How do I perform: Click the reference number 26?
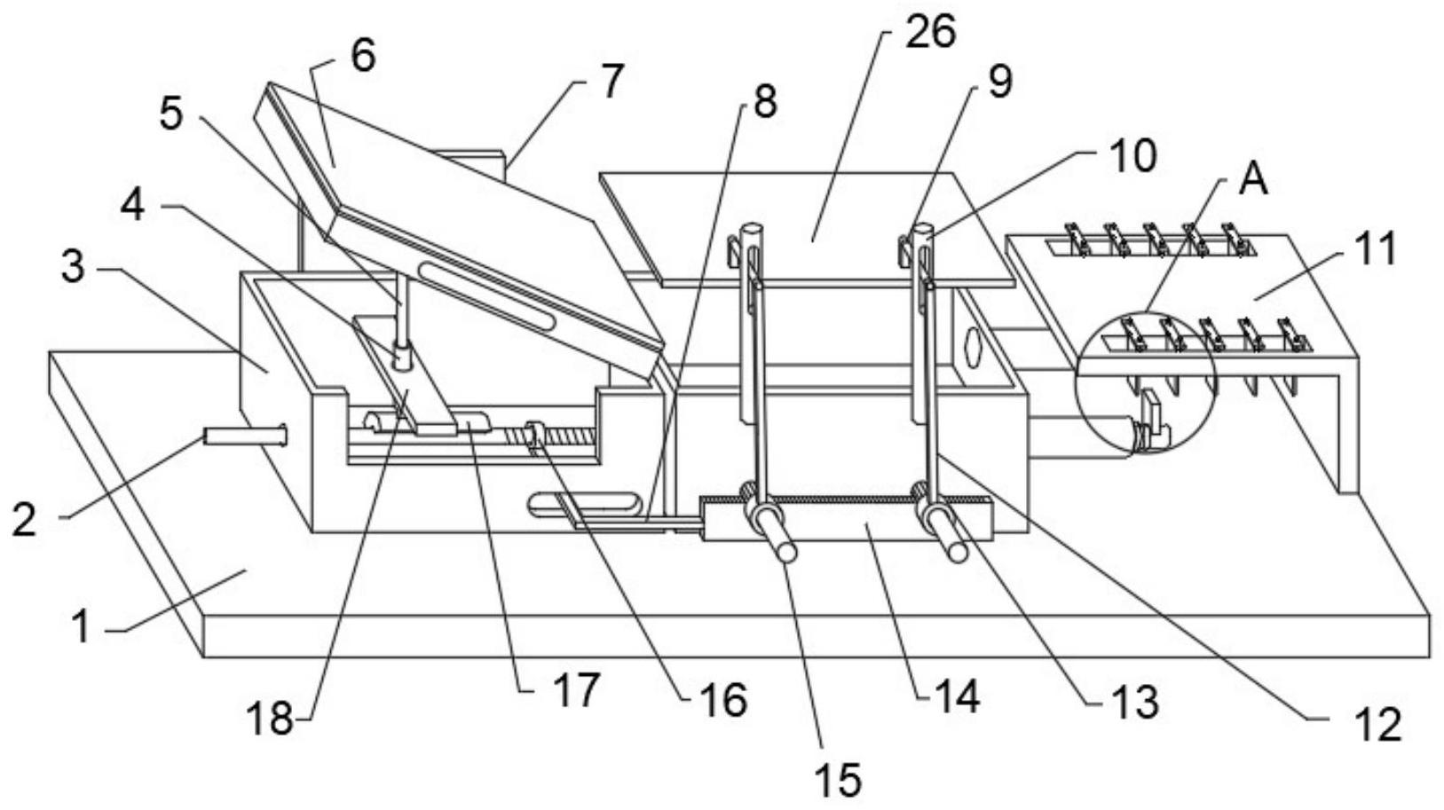point(930,32)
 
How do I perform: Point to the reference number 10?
point(1134,156)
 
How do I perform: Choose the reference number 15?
point(839,780)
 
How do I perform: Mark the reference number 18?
point(271,719)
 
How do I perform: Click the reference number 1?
point(82,626)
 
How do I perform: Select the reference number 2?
point(25,520)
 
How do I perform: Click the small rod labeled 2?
point(245,436)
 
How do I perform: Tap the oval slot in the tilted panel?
point(486,295)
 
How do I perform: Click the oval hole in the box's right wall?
point(972,347)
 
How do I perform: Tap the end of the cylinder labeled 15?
point(786,552)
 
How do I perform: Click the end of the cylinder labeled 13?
point(958,552)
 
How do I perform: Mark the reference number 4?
point(133,207)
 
